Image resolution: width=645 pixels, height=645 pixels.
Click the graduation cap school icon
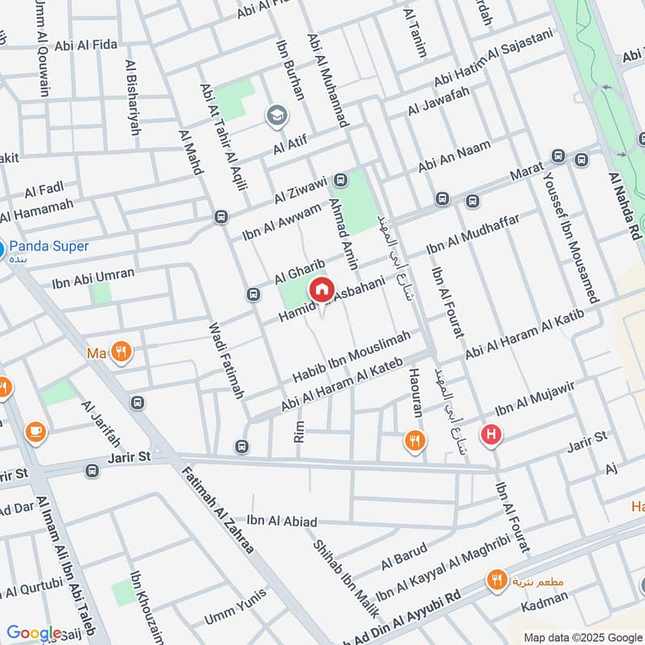coord(277,116)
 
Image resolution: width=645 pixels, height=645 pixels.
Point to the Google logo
coord(34,633)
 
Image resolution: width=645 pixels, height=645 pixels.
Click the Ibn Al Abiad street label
coord(282,522)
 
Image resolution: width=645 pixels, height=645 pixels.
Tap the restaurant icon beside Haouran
coord(414,441)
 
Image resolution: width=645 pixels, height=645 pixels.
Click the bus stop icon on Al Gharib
coord(253,295)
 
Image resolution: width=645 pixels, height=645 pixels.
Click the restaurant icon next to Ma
coord(121,352)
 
